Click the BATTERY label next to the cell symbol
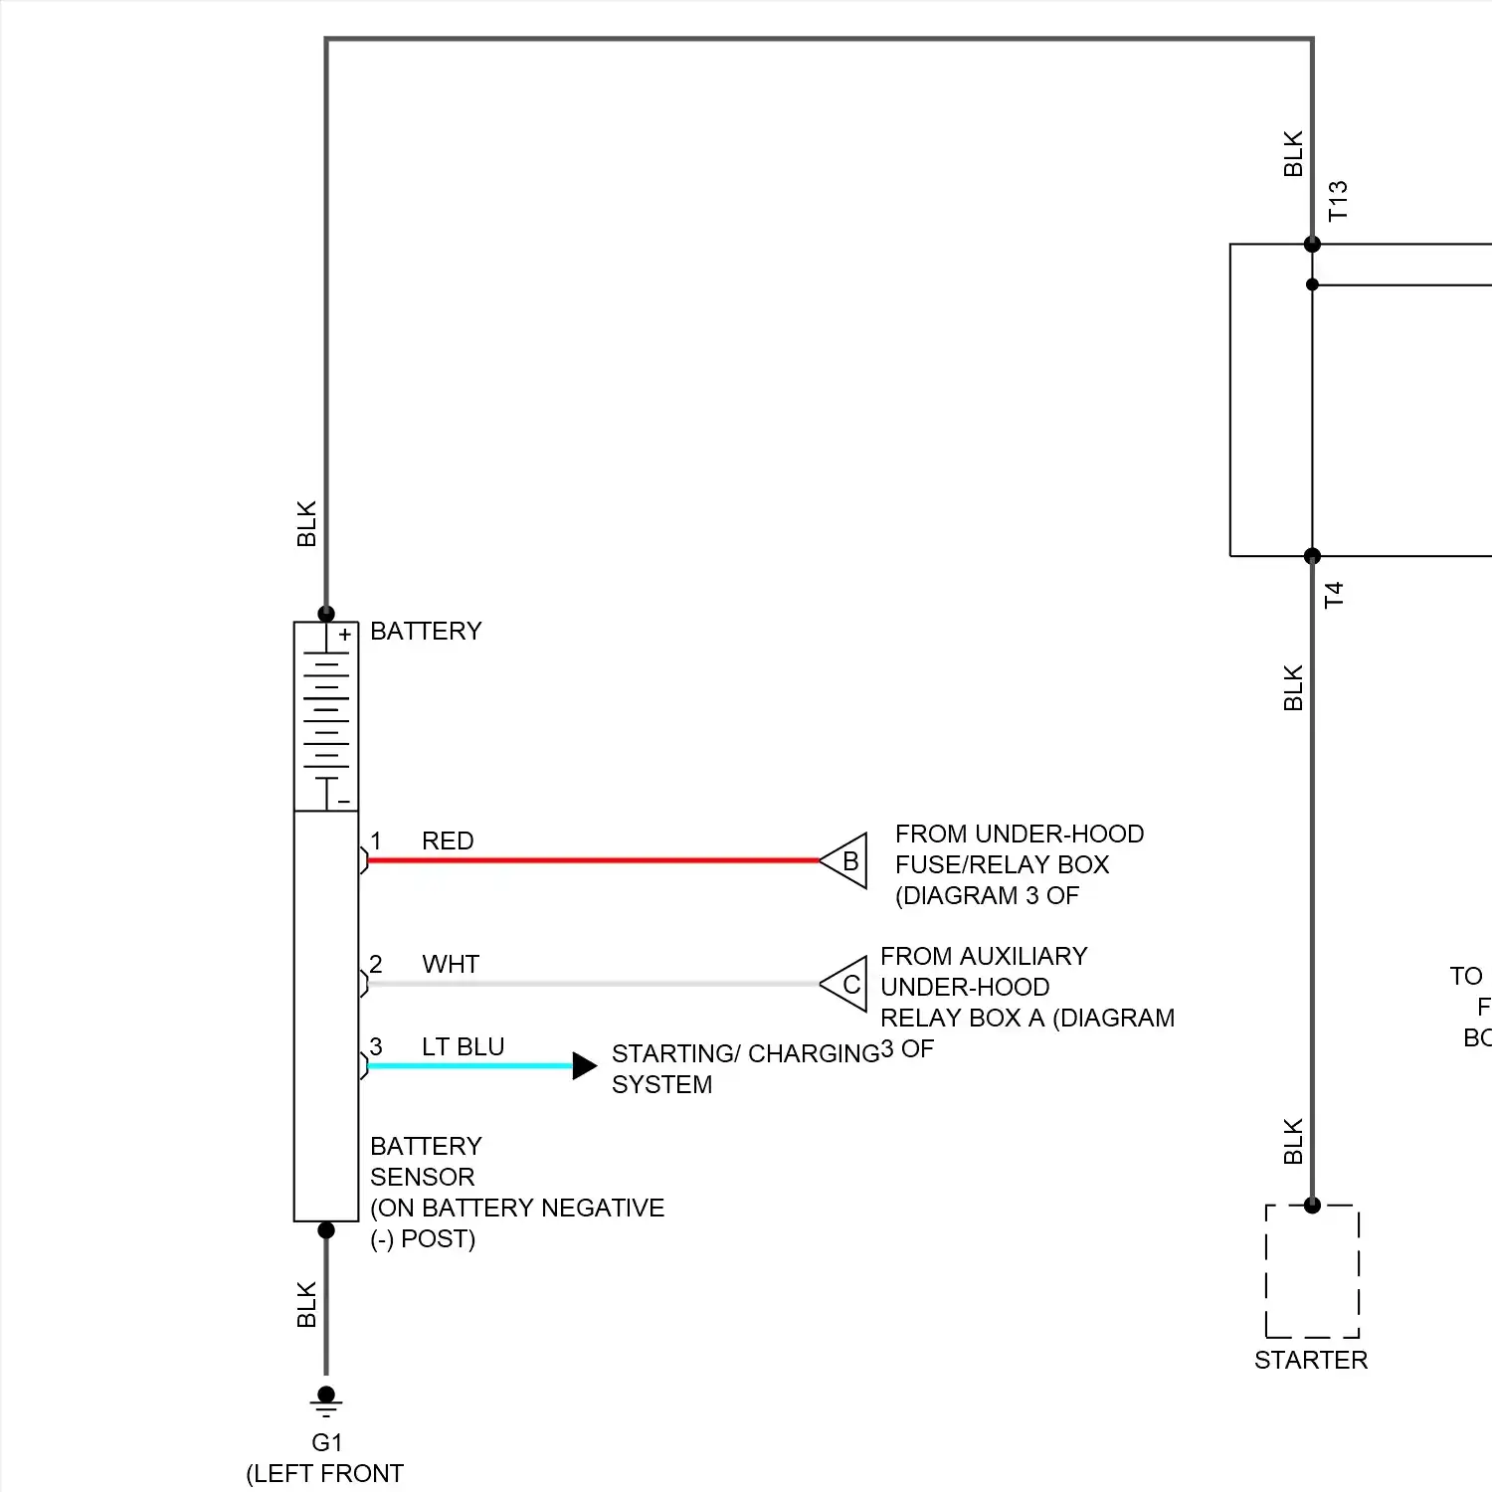click(x=425, y=631)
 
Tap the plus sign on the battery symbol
click(x=344, y=635)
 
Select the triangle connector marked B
click(x=845, y=861)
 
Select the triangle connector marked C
click(x=845, y=985)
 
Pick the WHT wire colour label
click(x=450, y=964)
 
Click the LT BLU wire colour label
click(x=463, y=1046)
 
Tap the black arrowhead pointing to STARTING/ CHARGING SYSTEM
click(x=584, y=1066)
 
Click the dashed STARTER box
click(x=1312, y=1271)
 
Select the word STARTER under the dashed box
click(x=1310, y=1360)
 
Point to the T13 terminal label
click(x=1338, y=200)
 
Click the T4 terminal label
click(x=1334, y=595)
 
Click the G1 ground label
click(x=326, y=1442)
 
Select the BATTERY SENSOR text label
click(x=425, y=1161)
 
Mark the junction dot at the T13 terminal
click(x=1312, y=244)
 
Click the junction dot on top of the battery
click(x=326, y=614)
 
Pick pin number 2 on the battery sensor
click(x=375, y=964)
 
